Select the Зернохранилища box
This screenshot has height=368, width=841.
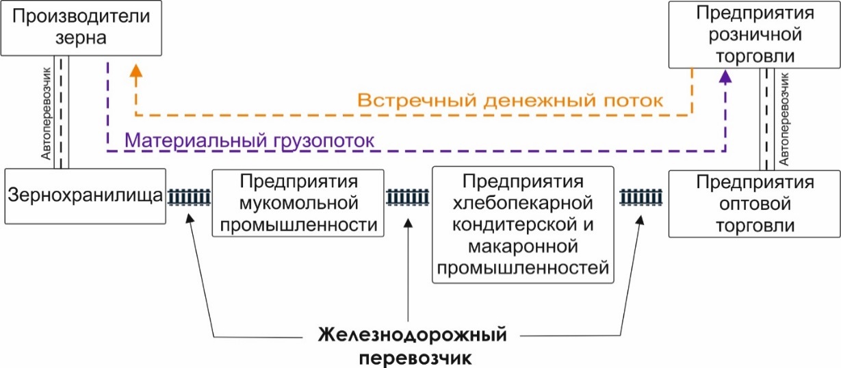[x=83, y=196]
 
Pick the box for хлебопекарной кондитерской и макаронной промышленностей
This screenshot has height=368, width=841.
[x=523, y=225]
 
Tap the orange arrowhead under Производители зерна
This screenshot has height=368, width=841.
[x=136, y=70]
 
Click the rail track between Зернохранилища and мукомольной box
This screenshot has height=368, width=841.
[x=190, y=198]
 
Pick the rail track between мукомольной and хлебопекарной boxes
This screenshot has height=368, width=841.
[x=409, y=198]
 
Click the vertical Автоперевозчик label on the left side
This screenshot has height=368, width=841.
[x=46, y=113]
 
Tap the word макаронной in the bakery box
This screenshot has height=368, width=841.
[x=523, y=247]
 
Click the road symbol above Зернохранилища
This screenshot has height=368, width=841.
[x=62, y=113]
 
